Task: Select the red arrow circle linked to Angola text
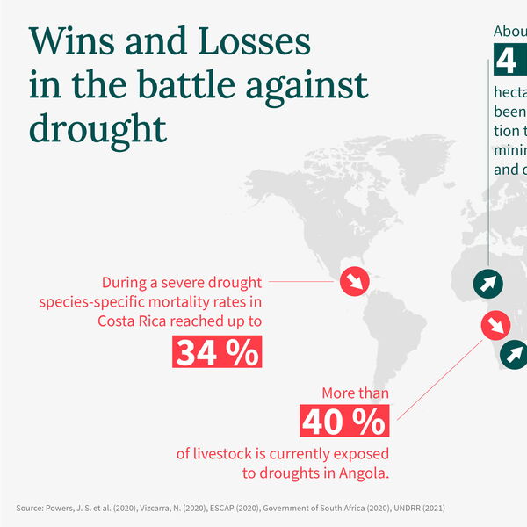495,326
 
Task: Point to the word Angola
363,473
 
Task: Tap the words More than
355,393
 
